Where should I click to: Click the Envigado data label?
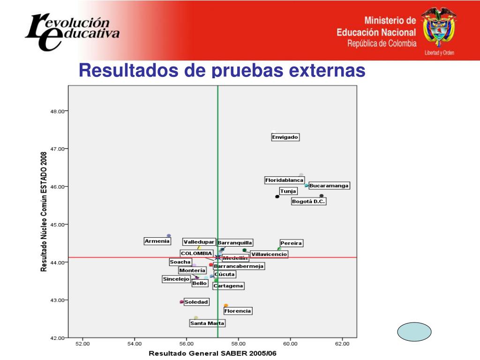click(x=285, y=137)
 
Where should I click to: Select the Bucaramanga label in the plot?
click(x=329, y=186)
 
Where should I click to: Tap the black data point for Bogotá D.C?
click(x=322, y=196)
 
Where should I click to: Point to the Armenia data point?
click(x=169, y=236)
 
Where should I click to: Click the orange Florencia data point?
click(x=226, y=306)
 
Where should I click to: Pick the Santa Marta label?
click(x=207, y=323)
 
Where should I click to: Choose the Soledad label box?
click(x=196, y=302)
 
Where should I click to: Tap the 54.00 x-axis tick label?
click(x=135, y=344)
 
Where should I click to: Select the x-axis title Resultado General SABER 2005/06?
click(x=212, y=352)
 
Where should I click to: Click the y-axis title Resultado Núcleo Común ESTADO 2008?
click(x=44, y=211)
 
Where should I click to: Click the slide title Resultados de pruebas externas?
click(x=222, y=70)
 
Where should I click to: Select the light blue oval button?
click(x=414, y=332)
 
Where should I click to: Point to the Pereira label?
click(x=291, y=243)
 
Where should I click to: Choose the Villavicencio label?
click(x=269, y=255)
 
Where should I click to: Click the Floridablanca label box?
click(x=285, y=180)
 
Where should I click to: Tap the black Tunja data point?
click(x=277, y=196)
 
